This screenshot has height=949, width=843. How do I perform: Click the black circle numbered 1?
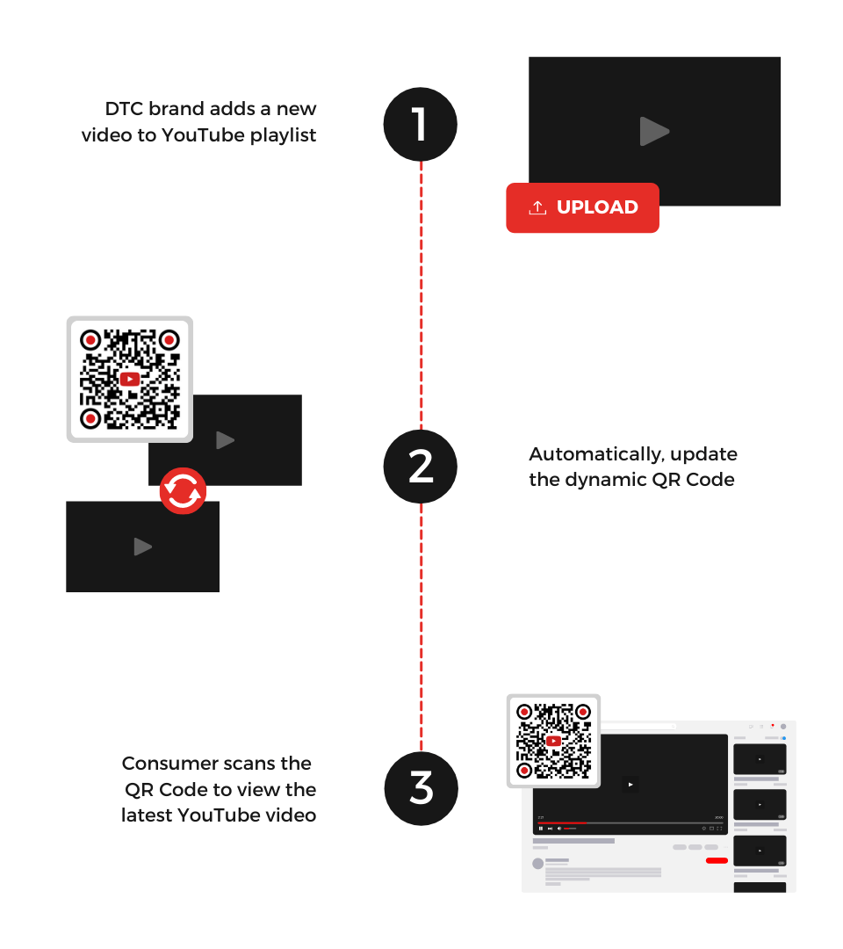[x=421, y=124]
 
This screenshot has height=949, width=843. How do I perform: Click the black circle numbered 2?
[x=421, y=467]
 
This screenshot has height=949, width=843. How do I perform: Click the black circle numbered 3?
[x=421, y=788]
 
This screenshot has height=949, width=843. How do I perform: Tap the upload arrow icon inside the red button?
[x=537, y=207]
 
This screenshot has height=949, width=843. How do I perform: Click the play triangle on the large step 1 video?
[x=654, y=132]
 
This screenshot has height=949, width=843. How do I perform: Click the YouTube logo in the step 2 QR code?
[x=130, y=379]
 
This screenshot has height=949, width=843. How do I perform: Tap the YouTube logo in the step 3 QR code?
[x=553, y=741]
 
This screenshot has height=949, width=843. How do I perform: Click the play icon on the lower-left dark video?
[x=142, y=547]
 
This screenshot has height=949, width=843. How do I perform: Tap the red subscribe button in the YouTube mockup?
[x=717, y=860]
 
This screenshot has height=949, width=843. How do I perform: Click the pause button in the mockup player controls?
[x=540, y=829]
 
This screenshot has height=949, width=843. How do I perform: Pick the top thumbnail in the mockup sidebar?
[x=760, y=759]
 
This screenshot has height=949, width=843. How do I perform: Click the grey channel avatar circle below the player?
[x=537, y=863]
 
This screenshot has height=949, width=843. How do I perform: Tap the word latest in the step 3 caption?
[x=147, y=815]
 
